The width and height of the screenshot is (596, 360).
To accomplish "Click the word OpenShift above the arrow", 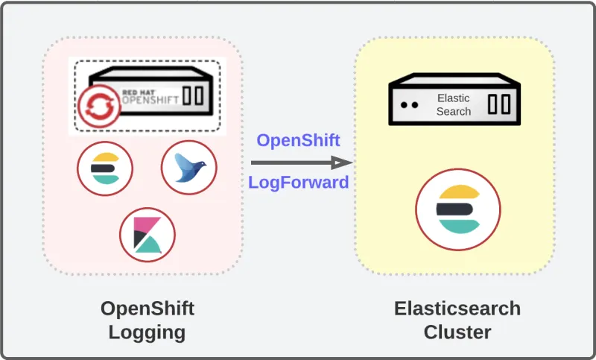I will tap(298, 140).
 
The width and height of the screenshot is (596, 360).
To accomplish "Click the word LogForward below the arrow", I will tap(298, 182).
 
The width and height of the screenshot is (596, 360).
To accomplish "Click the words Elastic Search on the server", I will tap(454, 104).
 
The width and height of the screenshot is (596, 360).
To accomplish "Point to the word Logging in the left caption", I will tap(147, 332).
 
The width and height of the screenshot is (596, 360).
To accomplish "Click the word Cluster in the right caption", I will tap(457, 332).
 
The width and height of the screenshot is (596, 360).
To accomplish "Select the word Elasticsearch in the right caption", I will tap(457, 309).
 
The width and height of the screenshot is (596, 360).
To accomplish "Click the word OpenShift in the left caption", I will tap(147, 309).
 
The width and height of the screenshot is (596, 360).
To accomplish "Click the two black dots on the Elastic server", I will tap(408, 105).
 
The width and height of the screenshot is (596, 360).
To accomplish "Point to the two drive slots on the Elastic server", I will tap(498, 104).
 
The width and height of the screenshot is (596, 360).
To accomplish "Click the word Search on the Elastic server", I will tap(454, 111).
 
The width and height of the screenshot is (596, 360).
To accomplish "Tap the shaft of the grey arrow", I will tap(291, 162).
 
